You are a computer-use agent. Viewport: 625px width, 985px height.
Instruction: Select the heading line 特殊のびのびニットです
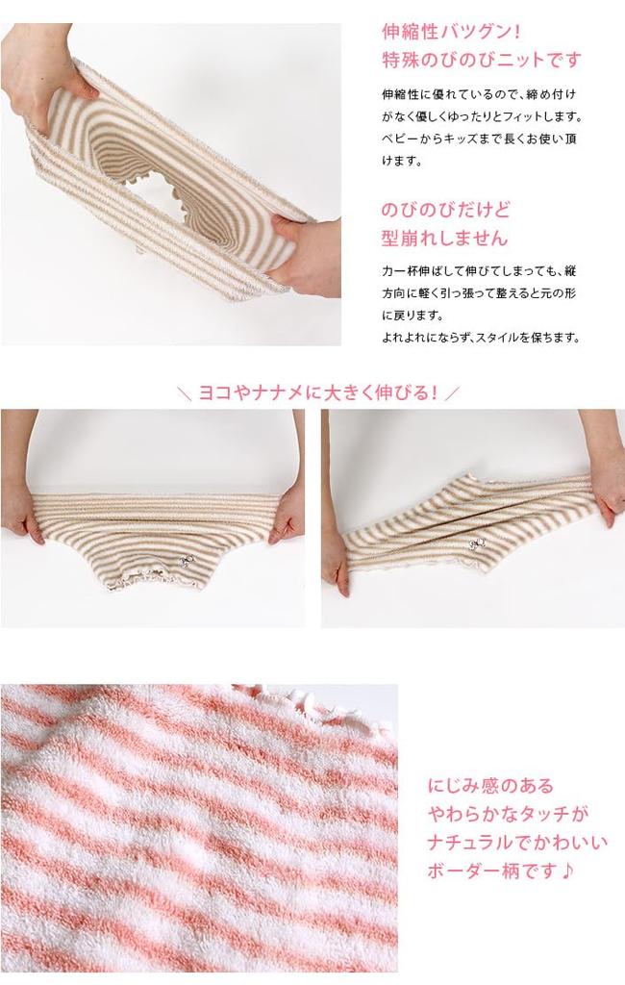pyautogui.click(x=481, y=61)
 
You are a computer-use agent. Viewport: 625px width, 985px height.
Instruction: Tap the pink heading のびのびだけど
pyautogui.click(x=445, y=210)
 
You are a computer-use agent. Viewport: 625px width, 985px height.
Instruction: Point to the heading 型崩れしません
pyautogui.click(x=444, y=239)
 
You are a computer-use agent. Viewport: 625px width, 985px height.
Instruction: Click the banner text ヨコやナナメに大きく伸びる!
pyautogui.click(x=318, y=392)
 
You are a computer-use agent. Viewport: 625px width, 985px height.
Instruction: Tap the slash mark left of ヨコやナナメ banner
pyautogui.click(x=185, y=393)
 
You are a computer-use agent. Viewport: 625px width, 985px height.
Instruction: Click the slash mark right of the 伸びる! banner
pyautogui.click(x=454, y=393)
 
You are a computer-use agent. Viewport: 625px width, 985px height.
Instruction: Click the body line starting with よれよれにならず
pyautogui.click(x=481, y=338)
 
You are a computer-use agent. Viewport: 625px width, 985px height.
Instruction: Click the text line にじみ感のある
pyautogui.click(x=490, y=786)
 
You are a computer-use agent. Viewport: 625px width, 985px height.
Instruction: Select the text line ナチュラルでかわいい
pyautogui.click(x=517, y=844)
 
